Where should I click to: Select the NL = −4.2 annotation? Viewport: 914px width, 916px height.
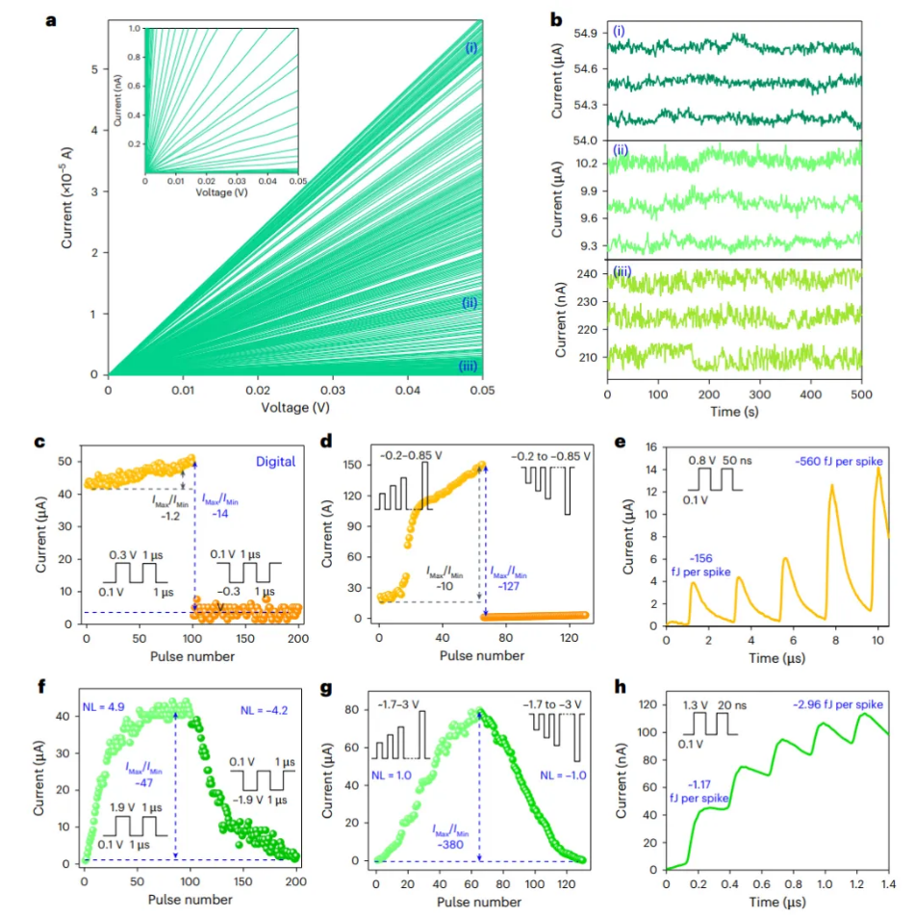click(x=259, y=711)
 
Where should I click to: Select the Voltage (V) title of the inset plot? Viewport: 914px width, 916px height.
click(x=222, y=191)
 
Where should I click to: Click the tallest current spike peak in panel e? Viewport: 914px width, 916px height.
click(x=877, y=469)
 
